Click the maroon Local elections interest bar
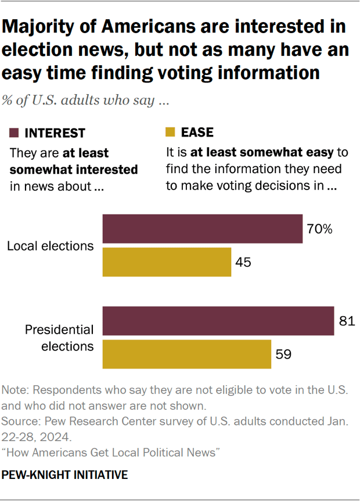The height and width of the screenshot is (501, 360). click(203, 228)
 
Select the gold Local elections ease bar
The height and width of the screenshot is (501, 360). click(167, 262)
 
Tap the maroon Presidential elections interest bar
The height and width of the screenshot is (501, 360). click(218, 320)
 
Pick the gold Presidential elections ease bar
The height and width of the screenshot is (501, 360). click(187, 353)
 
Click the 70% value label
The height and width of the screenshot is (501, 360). click(320, 229)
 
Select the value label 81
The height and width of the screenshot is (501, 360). click(347, 321)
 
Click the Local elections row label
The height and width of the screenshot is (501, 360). click(50, 245)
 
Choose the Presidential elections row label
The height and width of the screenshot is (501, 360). click(59, 338)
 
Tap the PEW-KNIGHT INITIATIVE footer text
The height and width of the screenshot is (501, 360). click(64, 475)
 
